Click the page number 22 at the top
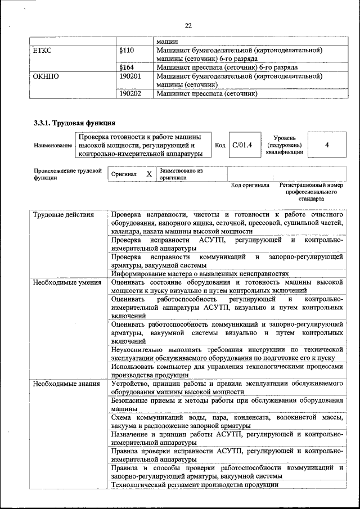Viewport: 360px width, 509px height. click(x=188, y=25)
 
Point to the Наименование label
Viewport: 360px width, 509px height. click(x=53, y=146)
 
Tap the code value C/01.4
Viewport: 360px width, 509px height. click(x=242, y=145)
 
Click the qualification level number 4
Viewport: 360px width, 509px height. click(x=327, y=145)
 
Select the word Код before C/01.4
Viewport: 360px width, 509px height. click(x=220, y=146)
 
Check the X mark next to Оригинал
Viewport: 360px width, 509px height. click(x=149, y=174)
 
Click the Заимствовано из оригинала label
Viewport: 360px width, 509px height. click(x=181, y=173)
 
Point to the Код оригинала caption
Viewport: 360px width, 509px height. click(x=250, y=185)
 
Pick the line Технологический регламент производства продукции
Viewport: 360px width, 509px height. click(x=195, y=485)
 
